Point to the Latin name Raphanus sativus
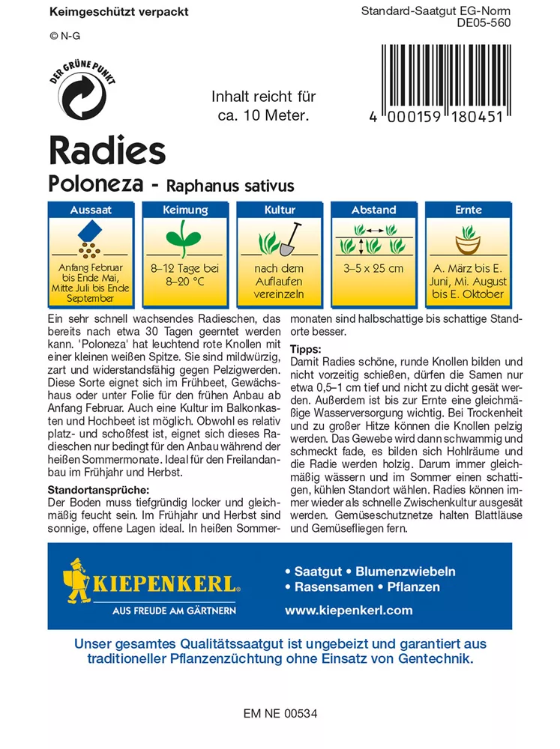pos(230,185)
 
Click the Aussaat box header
pos(91,210)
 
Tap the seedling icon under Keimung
pos(184,241)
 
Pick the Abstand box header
pos(374,210)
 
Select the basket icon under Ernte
pos(469,243)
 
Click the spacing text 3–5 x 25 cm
pos(374,268)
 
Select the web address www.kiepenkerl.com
pos(349,610)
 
